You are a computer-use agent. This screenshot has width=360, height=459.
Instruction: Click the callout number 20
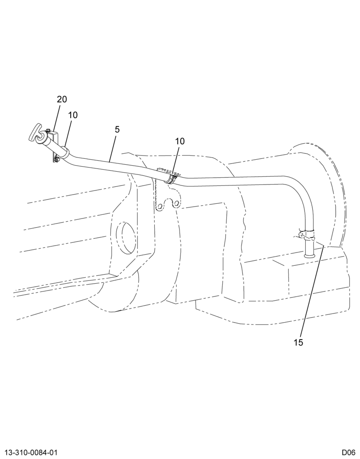pos(62,100)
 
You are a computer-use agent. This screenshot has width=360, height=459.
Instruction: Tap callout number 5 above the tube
pos(117,129)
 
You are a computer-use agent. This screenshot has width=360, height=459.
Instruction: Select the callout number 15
pos(298,342)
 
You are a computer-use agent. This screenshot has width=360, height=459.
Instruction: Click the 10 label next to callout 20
pos(73,115)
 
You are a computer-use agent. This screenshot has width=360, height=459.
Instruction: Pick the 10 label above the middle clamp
pos(180,141)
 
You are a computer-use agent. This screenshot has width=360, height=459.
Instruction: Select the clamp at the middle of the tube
pos(172,178)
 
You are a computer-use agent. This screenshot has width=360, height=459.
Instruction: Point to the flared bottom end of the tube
pos(309,256)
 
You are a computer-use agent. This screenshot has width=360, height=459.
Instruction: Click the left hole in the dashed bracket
pos(159,207)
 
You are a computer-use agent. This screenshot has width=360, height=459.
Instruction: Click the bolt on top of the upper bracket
pos(48,130)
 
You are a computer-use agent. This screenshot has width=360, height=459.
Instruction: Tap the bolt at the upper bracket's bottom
pos(56,159)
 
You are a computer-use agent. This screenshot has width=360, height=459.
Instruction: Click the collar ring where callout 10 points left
pos(65,152)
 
